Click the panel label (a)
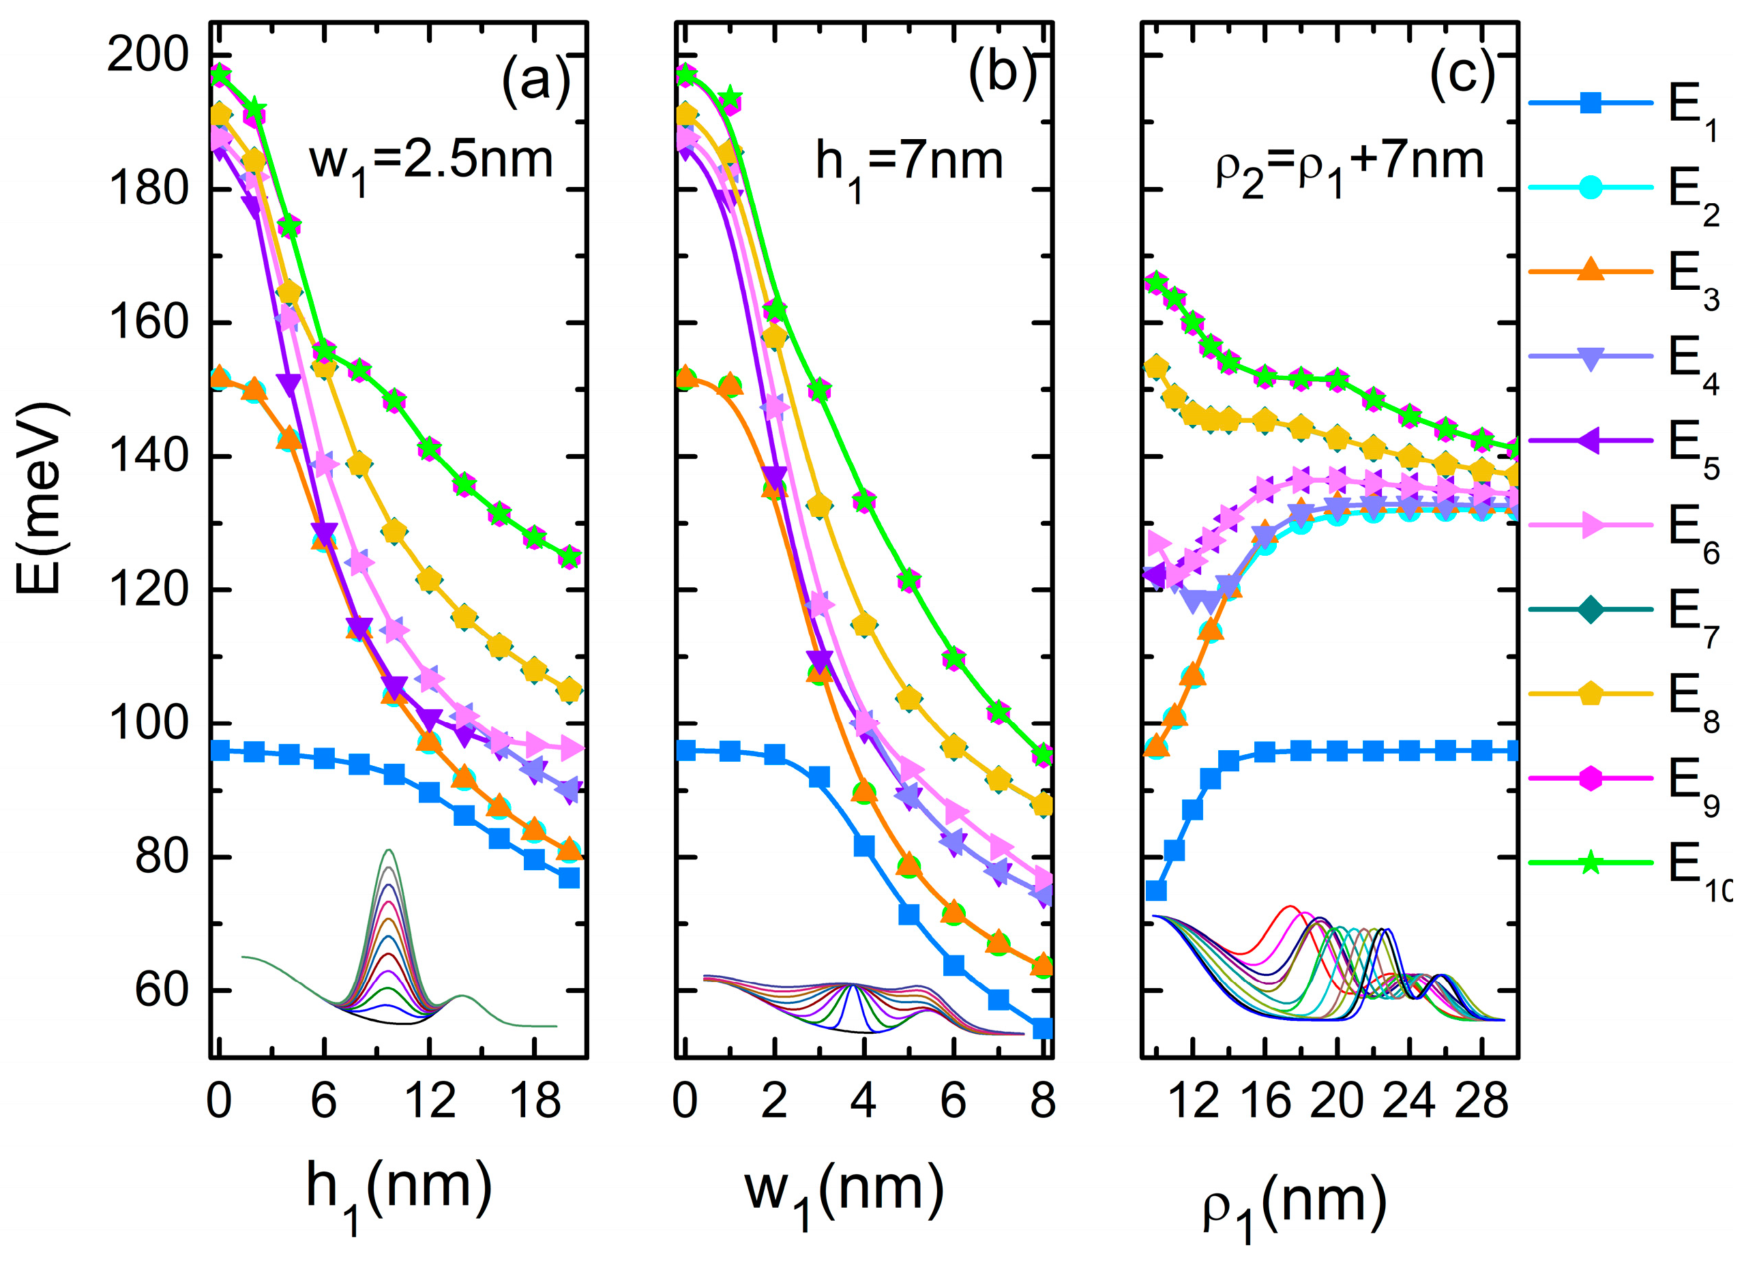click(535, 78)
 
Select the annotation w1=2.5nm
click(431, 162)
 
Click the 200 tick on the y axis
click(147, 56)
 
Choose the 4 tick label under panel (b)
click(863, 1101)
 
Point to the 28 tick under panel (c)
click(1481, 1101)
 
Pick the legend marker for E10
click(1590, 862)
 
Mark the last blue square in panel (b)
click(1043, 1028)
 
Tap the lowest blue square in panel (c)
click(1156, 891)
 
